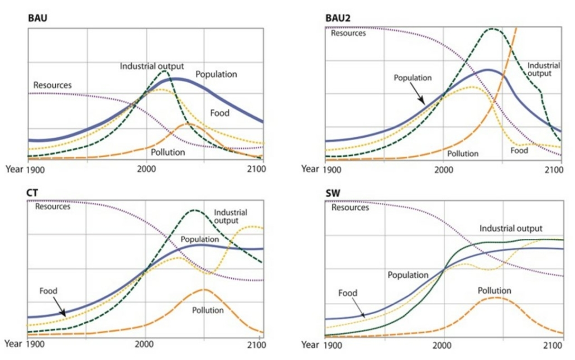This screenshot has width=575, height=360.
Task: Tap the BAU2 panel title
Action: [x=337, y=18]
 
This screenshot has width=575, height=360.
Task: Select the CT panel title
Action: [x=32, y=193]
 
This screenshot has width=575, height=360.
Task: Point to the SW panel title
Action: [x=334, y=193]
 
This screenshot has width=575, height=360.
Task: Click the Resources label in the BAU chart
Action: [x=52, y=85]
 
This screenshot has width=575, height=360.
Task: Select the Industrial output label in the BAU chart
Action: [x=152, y=66]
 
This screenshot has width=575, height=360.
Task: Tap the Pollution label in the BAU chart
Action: [x=168, y=151]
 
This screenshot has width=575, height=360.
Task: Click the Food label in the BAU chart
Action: [x=220, y=113]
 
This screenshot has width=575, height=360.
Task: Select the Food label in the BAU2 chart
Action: [x=519, y=151]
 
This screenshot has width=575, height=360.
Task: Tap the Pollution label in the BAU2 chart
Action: [x=463, y=153]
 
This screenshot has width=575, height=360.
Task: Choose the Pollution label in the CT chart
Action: [x=208, y=310]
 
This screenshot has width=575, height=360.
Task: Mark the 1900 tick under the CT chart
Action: [x=35, y=344]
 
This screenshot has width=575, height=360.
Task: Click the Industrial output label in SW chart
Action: [x=511, y=229]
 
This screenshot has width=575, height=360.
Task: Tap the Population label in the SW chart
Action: [x=408, y=275]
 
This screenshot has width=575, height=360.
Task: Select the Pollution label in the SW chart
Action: [x=494, y=291]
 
